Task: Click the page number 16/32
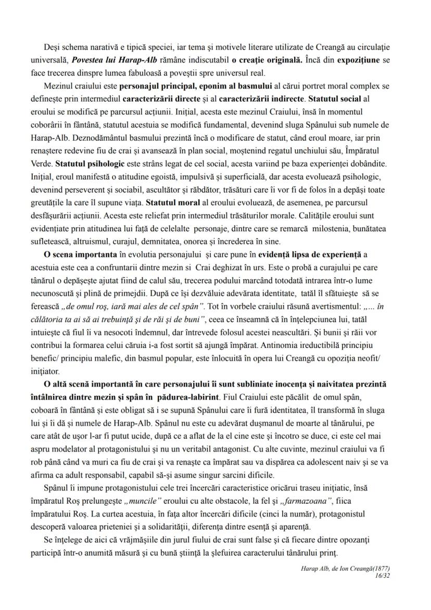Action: (x=383, y=574)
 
